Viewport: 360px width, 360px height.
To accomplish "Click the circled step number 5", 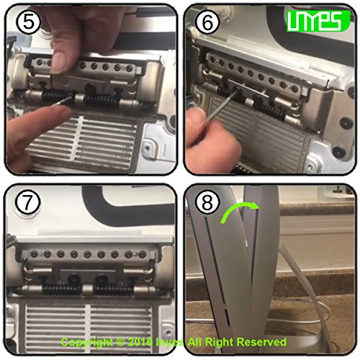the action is tap(28, 22).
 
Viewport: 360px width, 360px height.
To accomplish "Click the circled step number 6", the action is tap(207, 22).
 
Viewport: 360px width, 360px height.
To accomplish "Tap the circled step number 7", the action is tap(27, 203).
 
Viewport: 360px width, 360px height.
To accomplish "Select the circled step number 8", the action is tap(207, 203).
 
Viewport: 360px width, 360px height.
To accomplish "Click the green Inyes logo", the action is tap(318, 21).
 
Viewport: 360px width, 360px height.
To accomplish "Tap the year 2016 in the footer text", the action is tap(140, 342).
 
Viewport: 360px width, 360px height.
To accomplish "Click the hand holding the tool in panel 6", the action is tap(211, 135).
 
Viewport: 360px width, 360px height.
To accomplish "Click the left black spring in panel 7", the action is tap(61, 289).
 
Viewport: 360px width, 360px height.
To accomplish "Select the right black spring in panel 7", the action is tap(113, 289).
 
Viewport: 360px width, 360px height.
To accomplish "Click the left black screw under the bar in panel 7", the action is tap(73, 279).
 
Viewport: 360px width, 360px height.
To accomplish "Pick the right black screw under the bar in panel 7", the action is tap(101, 279).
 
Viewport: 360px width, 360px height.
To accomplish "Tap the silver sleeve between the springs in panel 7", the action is tap(87, 290).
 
